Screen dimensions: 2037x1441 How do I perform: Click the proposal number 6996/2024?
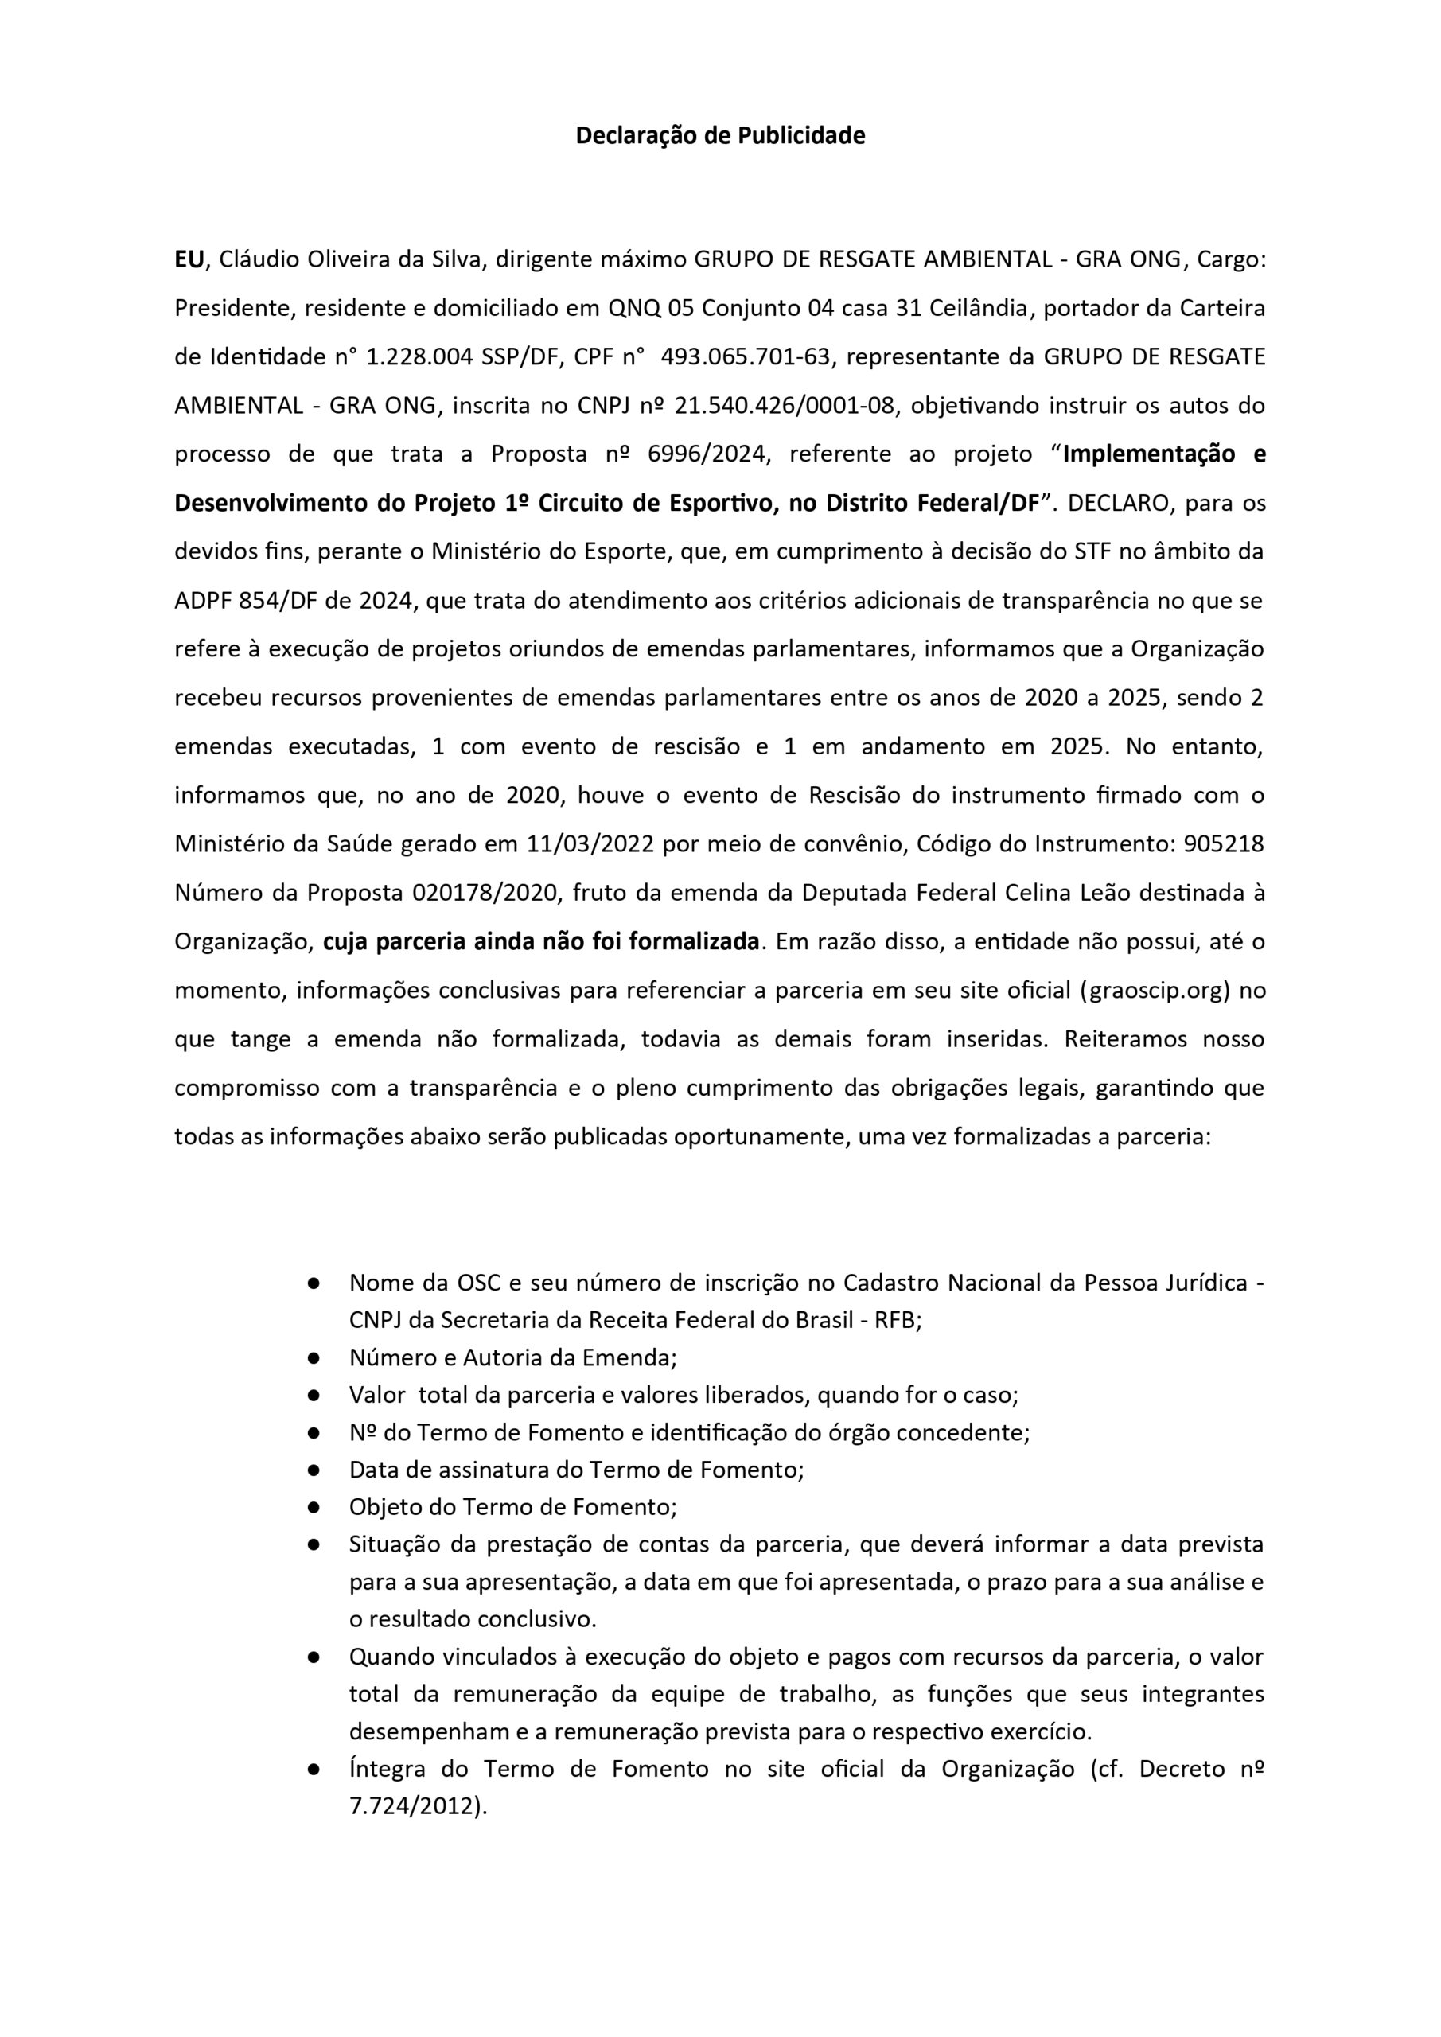click(707, 454)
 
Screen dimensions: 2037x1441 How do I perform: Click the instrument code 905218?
click(1224, 843)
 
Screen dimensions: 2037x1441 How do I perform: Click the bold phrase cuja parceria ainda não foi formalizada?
click(541, 941)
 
